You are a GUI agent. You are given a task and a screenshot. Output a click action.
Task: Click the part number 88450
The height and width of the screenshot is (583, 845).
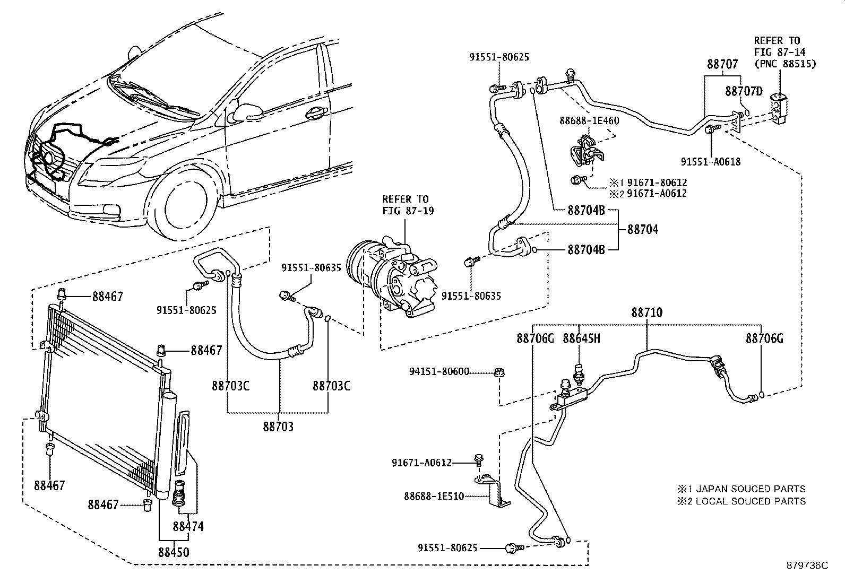(x=174, y=552)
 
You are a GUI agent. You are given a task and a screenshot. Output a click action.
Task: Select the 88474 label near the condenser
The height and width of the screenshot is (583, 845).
(x=188, y=526)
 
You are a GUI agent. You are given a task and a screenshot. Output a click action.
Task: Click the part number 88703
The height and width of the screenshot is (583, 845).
(x=278, y=427)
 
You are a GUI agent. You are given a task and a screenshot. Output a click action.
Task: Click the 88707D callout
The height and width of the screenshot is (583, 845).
(x=744, y=91)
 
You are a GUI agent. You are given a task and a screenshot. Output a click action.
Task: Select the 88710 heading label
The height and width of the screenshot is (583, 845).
(x=647, y=312)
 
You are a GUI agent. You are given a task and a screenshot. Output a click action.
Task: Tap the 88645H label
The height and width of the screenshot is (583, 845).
(x=581, y=338)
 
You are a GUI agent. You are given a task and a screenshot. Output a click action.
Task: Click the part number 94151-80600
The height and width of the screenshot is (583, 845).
(x=439, y=371)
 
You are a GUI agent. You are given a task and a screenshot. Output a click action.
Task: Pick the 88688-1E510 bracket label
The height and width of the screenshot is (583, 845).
(x=434, y=496)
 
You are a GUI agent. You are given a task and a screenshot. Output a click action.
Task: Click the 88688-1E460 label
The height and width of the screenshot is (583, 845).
(x=589, y=120)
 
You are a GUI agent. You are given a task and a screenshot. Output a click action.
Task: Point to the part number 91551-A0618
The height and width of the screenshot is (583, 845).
(x=711, y=162)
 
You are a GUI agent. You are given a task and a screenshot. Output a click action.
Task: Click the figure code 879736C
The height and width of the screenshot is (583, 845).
(x=807, y=565)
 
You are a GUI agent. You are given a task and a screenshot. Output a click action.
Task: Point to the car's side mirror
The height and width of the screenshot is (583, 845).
(x=245, y=113)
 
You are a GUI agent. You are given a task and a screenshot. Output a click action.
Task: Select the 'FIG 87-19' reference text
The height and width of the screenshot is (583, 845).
(x=408, y=211)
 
